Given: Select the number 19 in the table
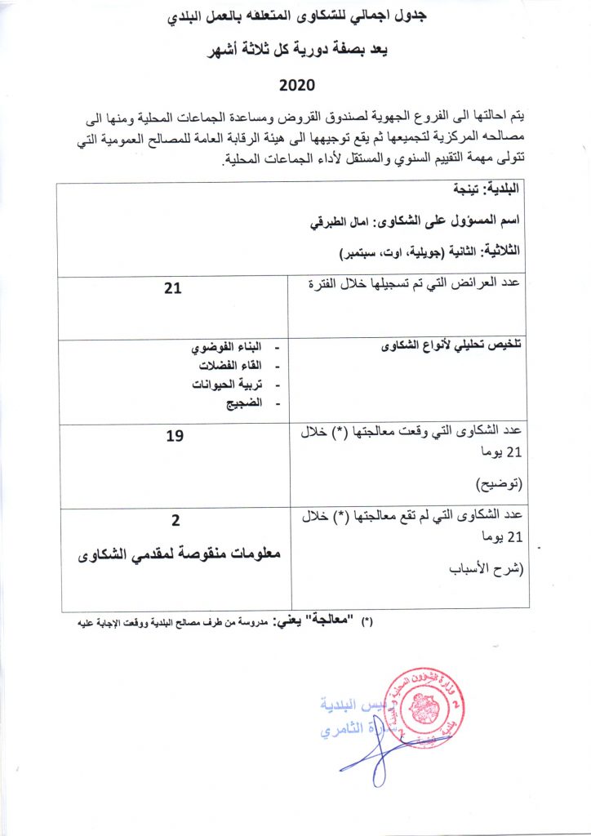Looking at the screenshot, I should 174,436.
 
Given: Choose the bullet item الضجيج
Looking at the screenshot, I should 244,402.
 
